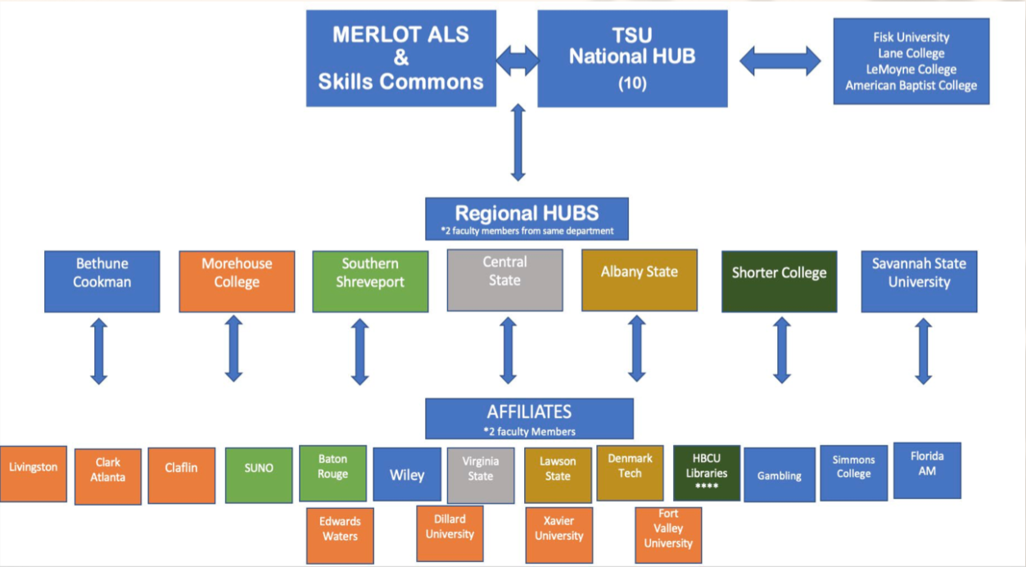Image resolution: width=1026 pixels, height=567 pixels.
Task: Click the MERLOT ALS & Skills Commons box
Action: point(400,58)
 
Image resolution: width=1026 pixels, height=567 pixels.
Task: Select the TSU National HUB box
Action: point(632,58)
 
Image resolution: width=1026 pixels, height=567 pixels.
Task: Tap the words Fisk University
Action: point(911,37)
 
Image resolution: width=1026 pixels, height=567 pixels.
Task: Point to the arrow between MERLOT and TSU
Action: point(517,59)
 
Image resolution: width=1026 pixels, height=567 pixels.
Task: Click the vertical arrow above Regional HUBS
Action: point(518,142)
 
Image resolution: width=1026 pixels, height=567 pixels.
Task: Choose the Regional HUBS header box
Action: point(527,218)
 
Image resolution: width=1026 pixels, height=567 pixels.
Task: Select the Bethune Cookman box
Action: point(102,281)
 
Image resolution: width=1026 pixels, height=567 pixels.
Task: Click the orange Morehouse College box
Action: point(237,281)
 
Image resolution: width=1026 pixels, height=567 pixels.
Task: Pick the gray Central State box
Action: point(504,280)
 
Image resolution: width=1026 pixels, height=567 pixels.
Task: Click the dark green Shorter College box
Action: point(779,281)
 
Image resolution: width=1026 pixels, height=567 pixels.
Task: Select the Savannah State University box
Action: point(919,281)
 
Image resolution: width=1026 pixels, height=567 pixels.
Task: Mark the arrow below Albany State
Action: point(637,349)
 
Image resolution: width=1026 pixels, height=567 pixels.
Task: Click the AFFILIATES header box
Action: point(529,418)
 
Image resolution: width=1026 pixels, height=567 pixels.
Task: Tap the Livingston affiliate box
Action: point(34,474)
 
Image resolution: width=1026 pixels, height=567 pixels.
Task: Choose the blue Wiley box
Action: point(407,475)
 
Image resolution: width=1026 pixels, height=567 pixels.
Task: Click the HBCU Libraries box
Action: point(707,473)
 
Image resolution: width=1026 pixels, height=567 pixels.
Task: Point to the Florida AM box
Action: point(927,470)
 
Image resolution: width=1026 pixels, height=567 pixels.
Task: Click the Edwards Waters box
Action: point(340,534)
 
